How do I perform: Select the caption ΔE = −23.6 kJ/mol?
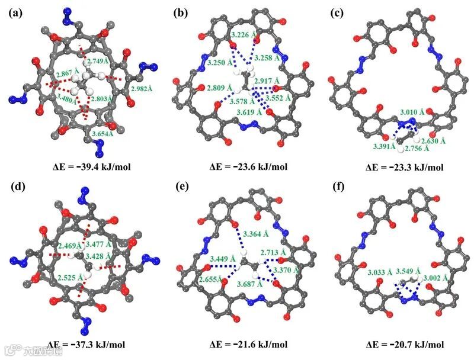click(x=245, y=166)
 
